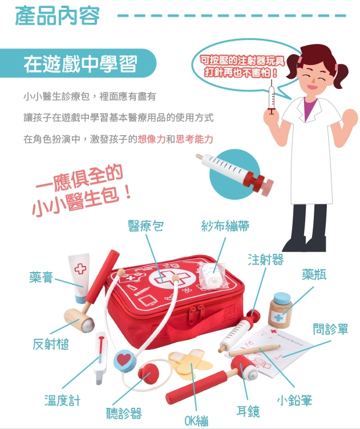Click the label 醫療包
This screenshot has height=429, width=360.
(x=145, y=226)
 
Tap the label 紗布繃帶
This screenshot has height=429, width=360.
(x=225, y=226)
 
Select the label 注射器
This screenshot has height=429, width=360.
(x=266, y=260)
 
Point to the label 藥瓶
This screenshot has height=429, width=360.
(x=314, y=274)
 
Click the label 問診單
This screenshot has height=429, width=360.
(x=330, y=329)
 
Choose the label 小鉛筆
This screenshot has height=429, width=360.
(x=294, y=400)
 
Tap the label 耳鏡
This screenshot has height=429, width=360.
(x=248, y=411)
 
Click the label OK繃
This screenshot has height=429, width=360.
(x=196, y=420)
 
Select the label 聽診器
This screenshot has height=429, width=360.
(x=124, y=413)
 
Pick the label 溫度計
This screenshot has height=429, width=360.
(x=62, y=400)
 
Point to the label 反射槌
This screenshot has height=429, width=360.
(x=51, y=344)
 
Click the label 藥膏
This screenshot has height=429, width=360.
(x=41, y=277)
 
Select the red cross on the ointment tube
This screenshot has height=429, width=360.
(x=80, y=269)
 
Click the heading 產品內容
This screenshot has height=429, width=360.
(x=57, y=16)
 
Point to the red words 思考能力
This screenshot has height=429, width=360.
(x=194, y=139)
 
